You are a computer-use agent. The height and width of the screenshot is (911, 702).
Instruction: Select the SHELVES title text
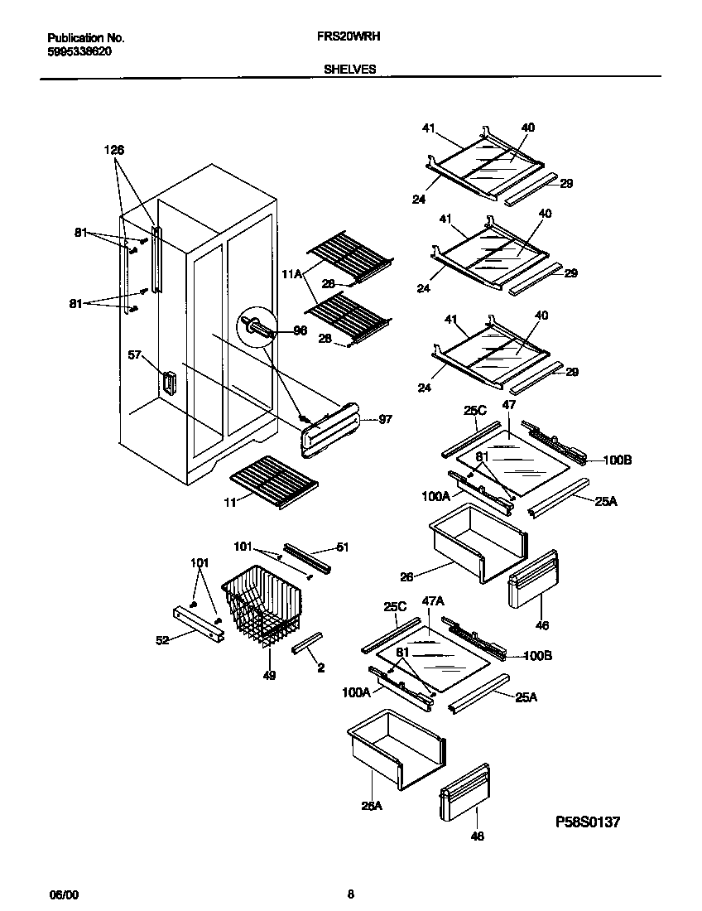(x=349, y=70)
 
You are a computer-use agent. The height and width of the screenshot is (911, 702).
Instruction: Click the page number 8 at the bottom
(x=350, y=894)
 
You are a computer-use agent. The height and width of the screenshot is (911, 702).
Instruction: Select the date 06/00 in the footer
(x=64, y=894)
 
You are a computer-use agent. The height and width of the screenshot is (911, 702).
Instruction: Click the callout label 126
(x=114, y=150)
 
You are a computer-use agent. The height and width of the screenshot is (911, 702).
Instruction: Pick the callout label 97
(x=385, y=420)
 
